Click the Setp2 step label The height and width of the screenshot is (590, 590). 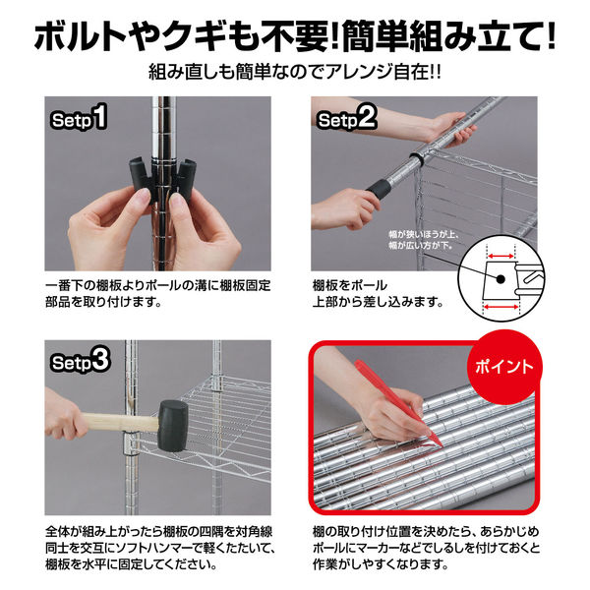(x=347, y=121)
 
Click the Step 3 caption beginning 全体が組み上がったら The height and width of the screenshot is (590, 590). (x=157, y=547)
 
